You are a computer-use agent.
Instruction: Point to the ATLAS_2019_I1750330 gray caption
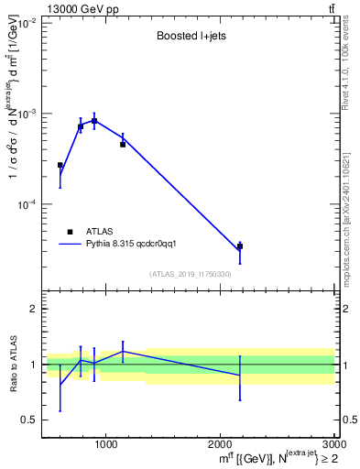coord(190,274)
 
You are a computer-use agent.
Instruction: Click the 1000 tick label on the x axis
coord(106,445)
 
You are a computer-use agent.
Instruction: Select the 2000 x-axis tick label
coord(221,445)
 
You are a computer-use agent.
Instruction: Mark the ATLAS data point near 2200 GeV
coord(240,246)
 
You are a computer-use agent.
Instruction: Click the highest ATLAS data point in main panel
coord(94,121)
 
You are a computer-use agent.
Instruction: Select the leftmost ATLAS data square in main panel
coord(60,166)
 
